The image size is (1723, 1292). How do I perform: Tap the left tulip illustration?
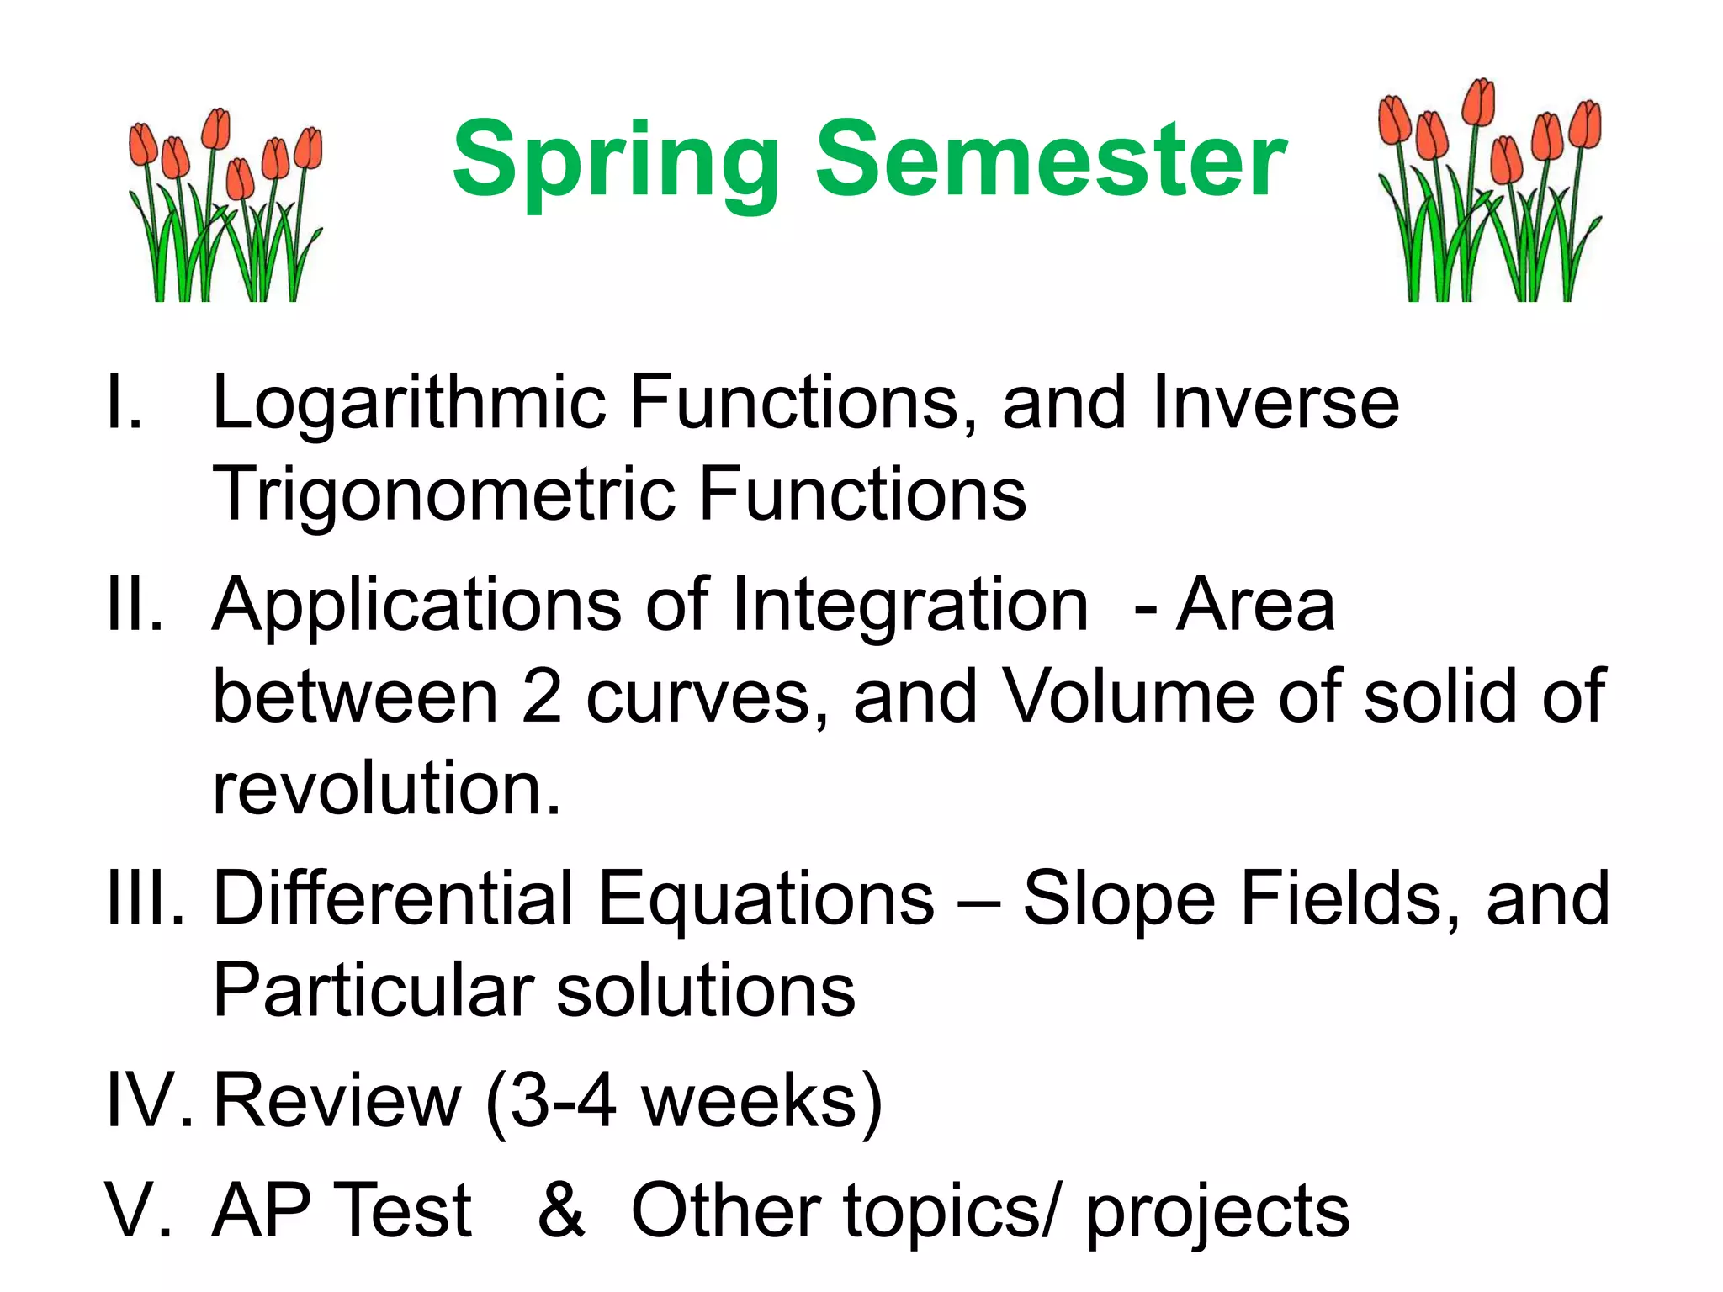coord(225,206)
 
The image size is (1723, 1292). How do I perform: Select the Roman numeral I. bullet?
coord(125,402)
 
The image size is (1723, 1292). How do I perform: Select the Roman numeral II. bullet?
coord(135,604)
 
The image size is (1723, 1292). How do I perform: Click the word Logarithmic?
coord(409,404)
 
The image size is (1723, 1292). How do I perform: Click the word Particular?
coord(374,991)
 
